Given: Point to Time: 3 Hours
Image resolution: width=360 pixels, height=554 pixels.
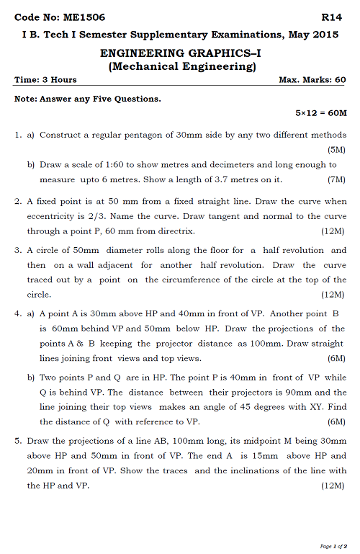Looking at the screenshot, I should point(45,80).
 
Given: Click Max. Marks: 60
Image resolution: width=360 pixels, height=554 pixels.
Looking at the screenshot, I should point(312,80).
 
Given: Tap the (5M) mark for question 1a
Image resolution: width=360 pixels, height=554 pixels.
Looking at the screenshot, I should point(336,150).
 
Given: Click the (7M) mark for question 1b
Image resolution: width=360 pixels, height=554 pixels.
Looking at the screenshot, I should point(336,179).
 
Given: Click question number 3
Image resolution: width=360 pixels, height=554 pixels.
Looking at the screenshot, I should point(18,251).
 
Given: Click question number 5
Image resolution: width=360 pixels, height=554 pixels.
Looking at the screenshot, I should point(18,440).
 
